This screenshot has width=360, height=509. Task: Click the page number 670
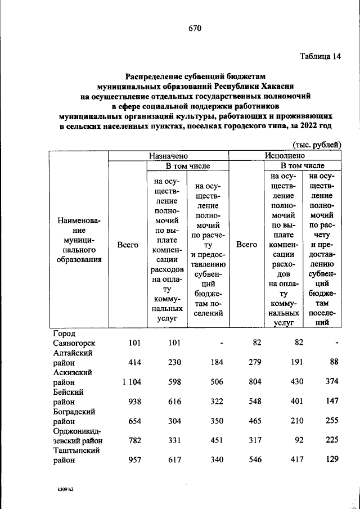pos(195,29)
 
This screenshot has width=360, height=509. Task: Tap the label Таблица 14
pos(321,56)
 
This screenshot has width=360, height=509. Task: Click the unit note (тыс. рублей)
pos(317,144)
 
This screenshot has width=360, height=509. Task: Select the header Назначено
pos(168,155)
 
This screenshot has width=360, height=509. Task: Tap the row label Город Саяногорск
pos(74,337)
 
